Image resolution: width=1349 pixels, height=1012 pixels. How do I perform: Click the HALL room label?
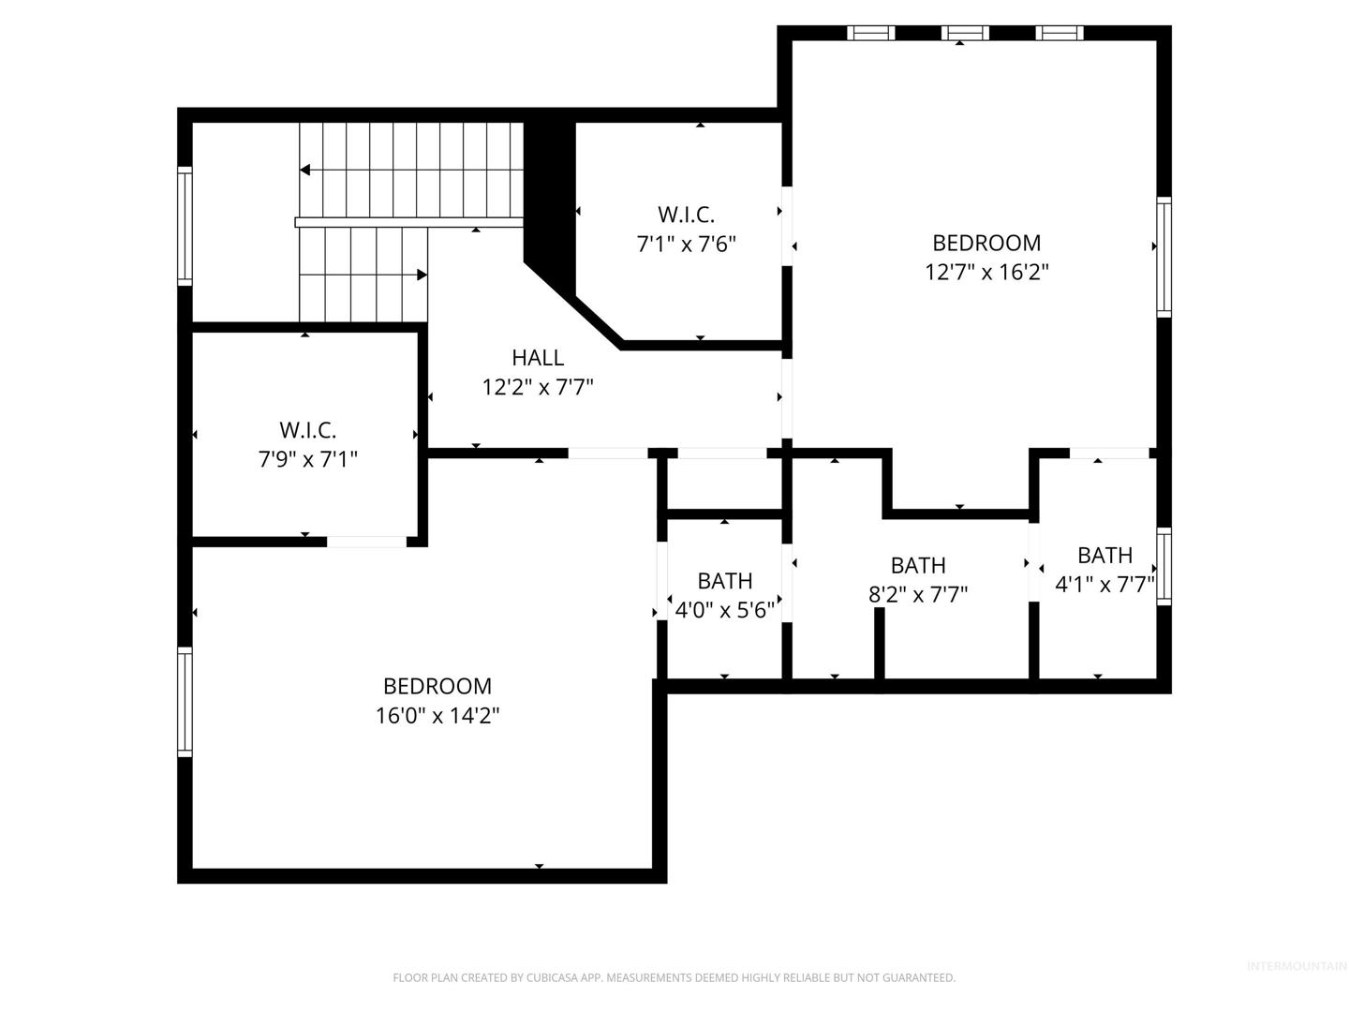click(537, 358)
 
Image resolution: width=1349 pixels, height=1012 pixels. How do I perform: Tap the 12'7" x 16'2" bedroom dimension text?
click(986, 272)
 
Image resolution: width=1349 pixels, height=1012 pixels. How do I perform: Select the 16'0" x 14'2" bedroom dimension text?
click(437, 716)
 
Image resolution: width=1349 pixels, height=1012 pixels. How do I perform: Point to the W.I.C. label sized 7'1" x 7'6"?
click(686, 215)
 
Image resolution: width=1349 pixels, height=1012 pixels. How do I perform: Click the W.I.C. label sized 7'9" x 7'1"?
click(307, 430)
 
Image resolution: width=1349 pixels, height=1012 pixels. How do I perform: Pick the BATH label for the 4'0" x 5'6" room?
click(724, 581)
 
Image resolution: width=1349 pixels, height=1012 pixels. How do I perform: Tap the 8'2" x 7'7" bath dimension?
click(917, 595)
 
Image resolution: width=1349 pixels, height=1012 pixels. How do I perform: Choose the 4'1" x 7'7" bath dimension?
click(1104, 585)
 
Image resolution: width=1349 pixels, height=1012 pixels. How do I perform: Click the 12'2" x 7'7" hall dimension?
click(537, 388)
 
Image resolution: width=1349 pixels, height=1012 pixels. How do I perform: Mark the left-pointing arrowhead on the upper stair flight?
click(304, 170)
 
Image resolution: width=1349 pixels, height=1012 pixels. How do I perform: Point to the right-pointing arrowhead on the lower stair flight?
click(422, 275)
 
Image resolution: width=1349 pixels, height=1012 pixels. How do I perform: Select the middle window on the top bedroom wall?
click(965, 33)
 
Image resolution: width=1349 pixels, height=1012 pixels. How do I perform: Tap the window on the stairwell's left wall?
click(185, 226)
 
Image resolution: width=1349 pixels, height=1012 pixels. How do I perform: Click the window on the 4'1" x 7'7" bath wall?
click(1164, 567)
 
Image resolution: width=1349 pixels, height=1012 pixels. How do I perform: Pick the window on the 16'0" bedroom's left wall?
click(185, 702)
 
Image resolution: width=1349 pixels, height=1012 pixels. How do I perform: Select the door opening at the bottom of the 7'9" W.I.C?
click(366, 542)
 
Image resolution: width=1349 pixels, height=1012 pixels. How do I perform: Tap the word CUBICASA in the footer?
click(552, 977)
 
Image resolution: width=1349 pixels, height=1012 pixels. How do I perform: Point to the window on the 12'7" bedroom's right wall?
click(1164, 258)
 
